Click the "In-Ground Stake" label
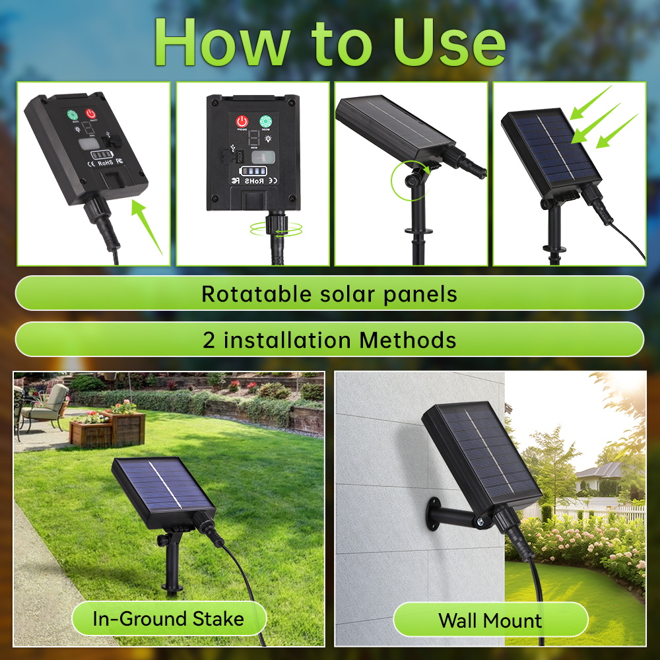168,619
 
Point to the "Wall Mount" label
490,620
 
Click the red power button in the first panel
90,114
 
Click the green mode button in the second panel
266,122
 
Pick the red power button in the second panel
242,122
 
